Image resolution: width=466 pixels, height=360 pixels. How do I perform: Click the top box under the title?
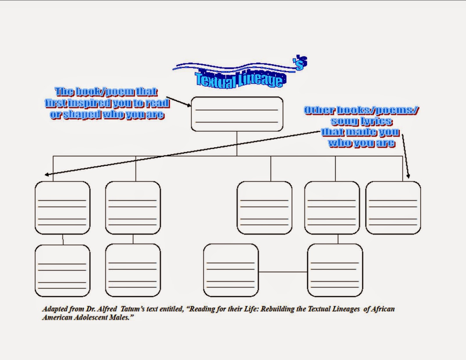237,114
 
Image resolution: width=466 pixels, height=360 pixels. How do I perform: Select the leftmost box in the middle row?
62,208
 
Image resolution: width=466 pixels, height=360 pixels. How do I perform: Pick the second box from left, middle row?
133,208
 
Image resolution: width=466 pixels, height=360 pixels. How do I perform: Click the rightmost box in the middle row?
393,208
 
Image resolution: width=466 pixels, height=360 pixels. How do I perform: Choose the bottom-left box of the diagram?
62,271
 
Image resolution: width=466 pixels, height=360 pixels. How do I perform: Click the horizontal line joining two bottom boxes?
283,272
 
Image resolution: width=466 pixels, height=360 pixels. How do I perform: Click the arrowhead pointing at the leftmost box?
47,175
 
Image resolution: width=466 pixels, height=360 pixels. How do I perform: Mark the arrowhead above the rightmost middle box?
408,176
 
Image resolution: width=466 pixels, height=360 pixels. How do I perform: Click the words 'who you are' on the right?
361,143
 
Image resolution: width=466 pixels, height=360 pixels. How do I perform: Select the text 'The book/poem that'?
106,92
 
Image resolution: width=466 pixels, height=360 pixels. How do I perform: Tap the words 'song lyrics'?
361,121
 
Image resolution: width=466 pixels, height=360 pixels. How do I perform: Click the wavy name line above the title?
233,68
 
